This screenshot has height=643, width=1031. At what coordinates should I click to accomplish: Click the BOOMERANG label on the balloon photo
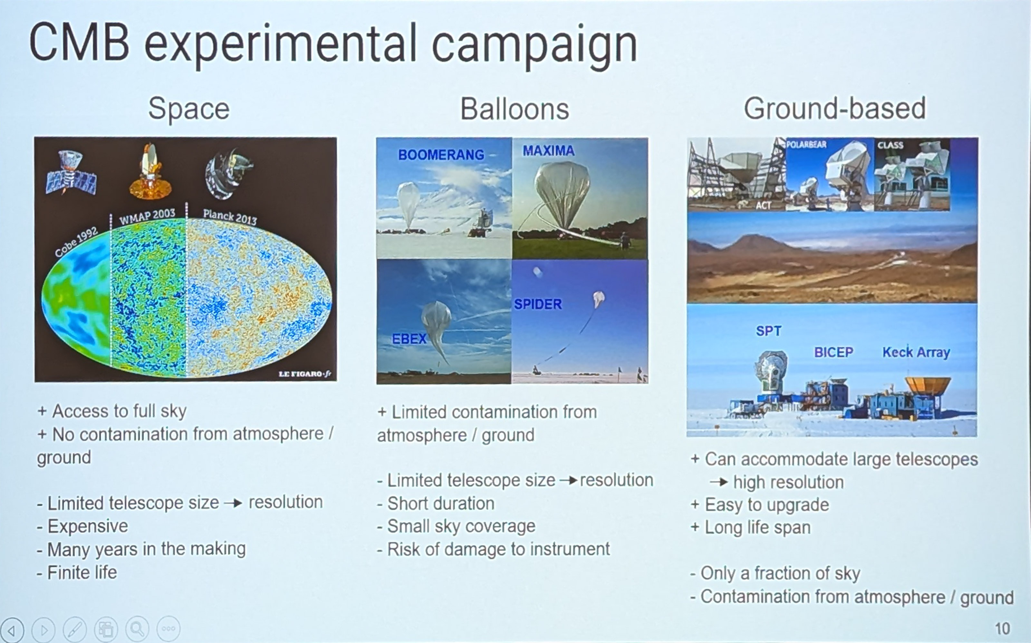(441, 155)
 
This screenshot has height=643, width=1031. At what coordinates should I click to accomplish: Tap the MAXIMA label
(549, 150)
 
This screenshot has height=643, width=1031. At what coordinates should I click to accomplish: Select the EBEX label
(409, 339)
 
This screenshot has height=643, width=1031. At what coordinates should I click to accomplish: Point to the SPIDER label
(538, 304)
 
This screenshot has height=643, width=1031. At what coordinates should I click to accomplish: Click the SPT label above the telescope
(768, 331)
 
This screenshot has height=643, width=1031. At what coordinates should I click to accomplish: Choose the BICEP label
(833, 352)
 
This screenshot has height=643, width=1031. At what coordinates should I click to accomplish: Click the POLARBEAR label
(806, 145)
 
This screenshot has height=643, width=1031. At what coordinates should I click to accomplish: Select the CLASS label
(890, 145)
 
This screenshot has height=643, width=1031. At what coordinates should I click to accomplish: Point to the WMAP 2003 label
(147, 216)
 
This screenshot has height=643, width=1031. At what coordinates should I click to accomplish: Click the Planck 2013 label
(230, 217)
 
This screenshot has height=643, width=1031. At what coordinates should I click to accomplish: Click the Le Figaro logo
(304, 374)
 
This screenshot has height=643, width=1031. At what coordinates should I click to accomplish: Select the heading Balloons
(515, 109)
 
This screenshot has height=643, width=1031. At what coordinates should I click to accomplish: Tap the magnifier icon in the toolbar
(137, 629)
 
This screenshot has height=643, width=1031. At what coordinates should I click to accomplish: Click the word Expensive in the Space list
(88, 526)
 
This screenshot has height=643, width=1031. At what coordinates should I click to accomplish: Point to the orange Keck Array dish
(928, 385)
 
